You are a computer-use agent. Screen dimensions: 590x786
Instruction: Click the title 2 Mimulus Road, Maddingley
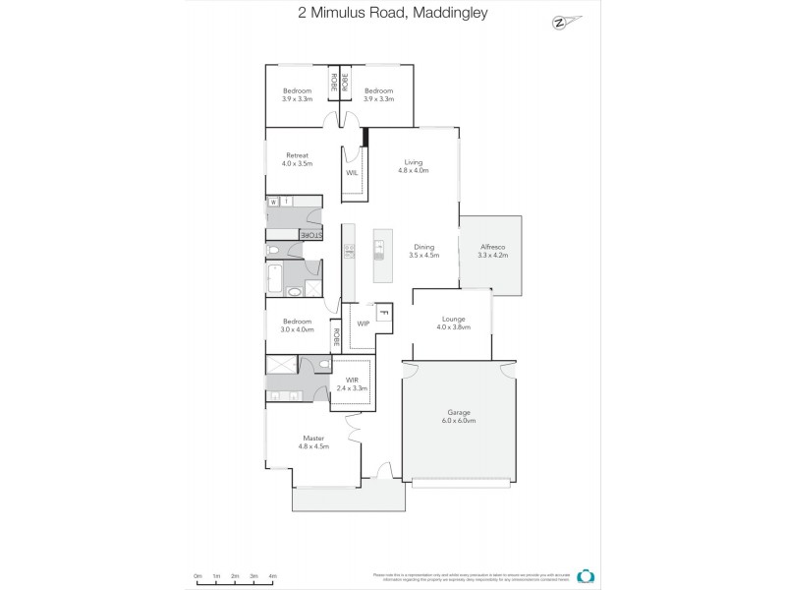click(393, 14)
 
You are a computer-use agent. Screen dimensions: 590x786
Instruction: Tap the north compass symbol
click(561, 21)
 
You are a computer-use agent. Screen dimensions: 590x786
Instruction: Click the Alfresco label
click(492, 251)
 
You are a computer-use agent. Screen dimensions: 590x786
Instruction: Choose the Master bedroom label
click(313, 442)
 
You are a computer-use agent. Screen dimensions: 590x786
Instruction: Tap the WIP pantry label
click(363, 323)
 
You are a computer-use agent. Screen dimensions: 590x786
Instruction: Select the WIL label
click(352, 173)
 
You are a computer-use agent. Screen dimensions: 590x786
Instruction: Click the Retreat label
click(297, 158)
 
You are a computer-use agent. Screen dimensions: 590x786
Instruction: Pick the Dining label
click(423, 251)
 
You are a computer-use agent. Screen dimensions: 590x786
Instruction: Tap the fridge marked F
click(383, 313)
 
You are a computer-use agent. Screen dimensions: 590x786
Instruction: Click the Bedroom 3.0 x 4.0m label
click(297, 324)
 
